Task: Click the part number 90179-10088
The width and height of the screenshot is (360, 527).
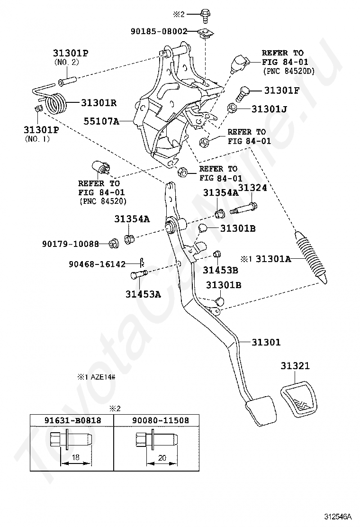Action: [71, 244]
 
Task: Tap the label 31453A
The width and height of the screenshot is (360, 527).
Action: [143, 294]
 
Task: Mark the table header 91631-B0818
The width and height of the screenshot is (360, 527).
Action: [72, 420]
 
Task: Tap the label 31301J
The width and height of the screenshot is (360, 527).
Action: [269, 109]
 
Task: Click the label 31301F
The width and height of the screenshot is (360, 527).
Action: [282, 90]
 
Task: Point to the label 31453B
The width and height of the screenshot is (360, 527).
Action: [221, 270]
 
